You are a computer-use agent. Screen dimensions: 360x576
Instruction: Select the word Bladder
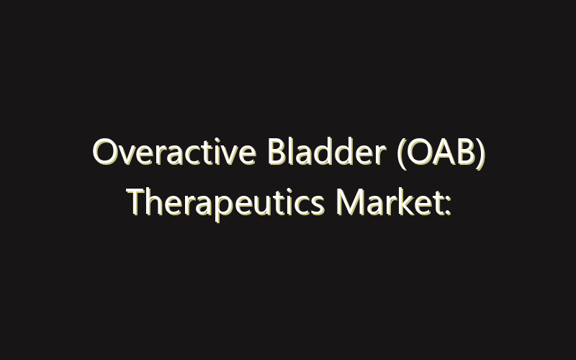click(x=309, y=153)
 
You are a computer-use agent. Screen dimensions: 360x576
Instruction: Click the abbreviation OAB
click(x=438, y=153)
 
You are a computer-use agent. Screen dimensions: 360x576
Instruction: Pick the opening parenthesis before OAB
click(x=401, y=155)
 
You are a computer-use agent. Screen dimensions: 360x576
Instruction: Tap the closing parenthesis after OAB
click(x=478, y=155)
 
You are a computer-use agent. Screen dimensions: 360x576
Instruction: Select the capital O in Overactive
click(x=105, y=153)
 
